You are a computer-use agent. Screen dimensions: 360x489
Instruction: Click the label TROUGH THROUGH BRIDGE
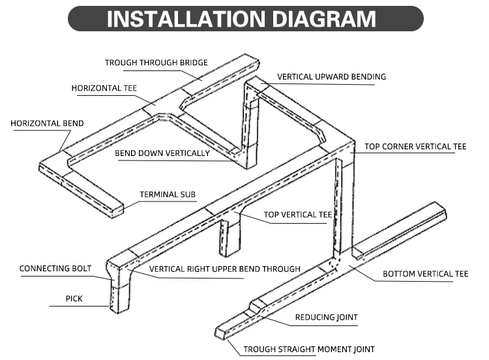(x=156, y=63)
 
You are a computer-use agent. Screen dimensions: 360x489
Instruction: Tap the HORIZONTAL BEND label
(x=47, y=123)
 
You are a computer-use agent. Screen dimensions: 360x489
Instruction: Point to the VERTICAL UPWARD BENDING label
(x=331, y=77)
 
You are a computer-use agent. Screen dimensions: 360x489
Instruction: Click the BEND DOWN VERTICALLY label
(x=162, y=154)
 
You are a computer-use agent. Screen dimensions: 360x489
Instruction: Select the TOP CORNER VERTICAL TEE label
(x=415, y=147)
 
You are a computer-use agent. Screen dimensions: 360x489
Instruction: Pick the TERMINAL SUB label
(x=168, y=194)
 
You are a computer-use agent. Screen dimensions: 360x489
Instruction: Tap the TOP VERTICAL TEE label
(x=298, y=215)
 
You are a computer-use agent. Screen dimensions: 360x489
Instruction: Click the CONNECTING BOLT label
(x=55, y=268)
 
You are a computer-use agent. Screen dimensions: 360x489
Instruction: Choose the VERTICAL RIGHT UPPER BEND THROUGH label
(x=225, y=269)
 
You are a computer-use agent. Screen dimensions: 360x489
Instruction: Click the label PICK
(x=74, y=299)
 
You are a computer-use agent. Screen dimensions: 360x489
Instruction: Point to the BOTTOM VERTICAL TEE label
(x=425, y=274)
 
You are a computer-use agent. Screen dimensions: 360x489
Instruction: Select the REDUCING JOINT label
(x=326, y=318)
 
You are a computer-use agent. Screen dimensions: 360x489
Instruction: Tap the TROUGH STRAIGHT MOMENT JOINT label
(x=309, y=350)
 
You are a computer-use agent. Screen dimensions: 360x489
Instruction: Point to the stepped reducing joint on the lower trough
(x=256, y=306)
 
